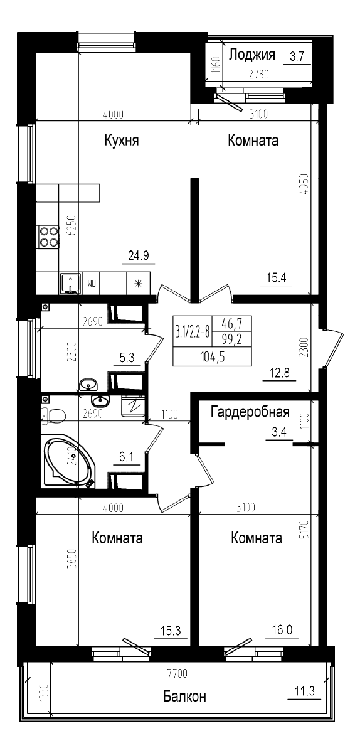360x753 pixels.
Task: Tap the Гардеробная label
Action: tap(250, 412)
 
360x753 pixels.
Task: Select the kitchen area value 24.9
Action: tap(138, 255)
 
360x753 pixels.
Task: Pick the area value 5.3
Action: tap(127, 358)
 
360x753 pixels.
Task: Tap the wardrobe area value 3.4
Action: tap(278, 432)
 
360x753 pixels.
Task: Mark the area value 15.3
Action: tap(171, 632)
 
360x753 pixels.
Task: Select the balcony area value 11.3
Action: tap(304, 692)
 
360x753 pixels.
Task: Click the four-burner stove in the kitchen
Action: tap(48, 236)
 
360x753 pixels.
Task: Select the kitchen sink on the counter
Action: tap(70, 284)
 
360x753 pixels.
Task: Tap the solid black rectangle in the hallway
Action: tap(212, 341)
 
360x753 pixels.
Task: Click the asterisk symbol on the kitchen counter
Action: tap(138, 283)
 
